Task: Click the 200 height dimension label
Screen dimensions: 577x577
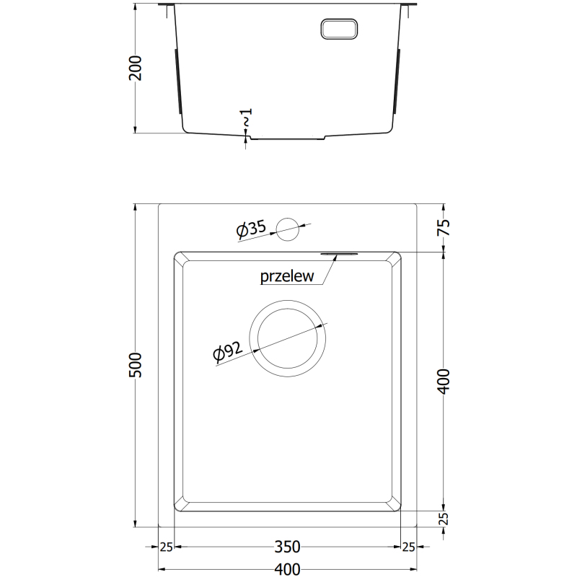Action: tap(135, 68)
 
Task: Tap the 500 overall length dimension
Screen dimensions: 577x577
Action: tap(135, 365)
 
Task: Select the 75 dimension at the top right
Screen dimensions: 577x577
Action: tap(444, 227)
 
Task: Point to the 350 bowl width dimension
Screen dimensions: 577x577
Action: tap(287, 547)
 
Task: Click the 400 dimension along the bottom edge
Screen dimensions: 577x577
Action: tap(287, 570)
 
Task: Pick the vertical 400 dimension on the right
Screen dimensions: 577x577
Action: tap(444, 382)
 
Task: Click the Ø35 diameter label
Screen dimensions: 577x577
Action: tap(251, 229)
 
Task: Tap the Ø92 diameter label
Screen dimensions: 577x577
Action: tap(228, 351)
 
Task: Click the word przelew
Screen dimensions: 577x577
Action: tap(287, 276)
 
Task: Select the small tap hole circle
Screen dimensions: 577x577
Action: tap(287, 229)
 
